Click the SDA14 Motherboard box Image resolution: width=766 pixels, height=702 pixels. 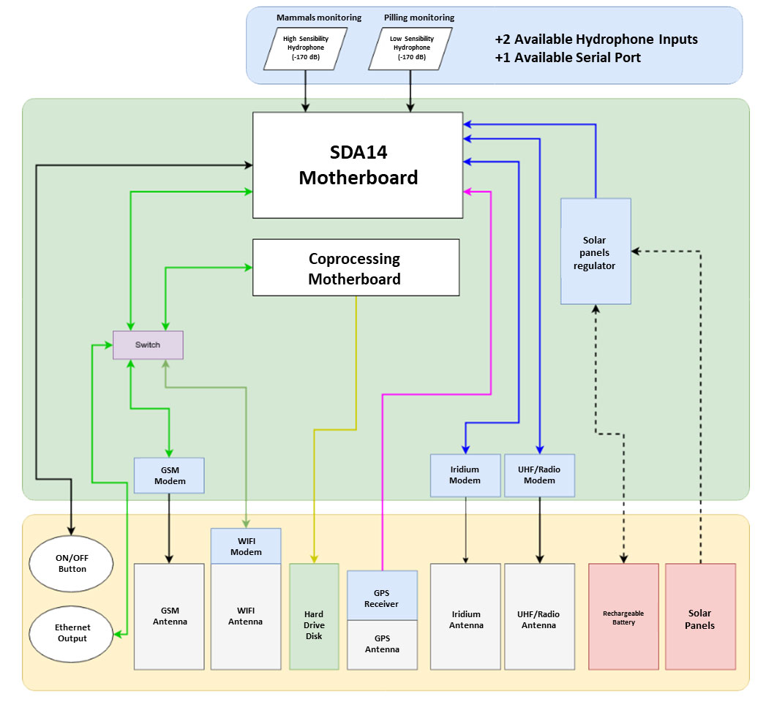[x=358, y=165]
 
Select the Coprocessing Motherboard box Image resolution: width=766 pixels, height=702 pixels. [x=356, y=268]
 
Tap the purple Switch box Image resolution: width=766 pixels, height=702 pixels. [x=148, y=345]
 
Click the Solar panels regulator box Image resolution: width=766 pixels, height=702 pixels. [x=596, y=252]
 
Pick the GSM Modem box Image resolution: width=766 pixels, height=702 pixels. [x=169, y=475]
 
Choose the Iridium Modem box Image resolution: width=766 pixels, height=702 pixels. [x=465, y=475]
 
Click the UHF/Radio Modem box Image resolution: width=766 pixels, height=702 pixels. [x=540, y=475]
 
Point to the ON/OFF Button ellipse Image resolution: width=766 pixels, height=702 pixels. [x=72, y=563]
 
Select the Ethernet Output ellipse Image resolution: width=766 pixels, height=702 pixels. [x=72, y=633]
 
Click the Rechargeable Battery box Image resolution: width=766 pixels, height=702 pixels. [x=623, y=616]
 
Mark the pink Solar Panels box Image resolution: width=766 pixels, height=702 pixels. [x=700, y=616]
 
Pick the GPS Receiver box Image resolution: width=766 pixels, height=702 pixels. [x=382, y=595]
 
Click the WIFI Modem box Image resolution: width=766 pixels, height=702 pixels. [x=246, y=546]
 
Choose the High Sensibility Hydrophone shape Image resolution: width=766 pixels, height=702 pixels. [x=304, y=48]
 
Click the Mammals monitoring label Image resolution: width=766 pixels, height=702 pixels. [x=319, y=18]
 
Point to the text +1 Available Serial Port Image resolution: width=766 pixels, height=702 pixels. [x=568, y=58]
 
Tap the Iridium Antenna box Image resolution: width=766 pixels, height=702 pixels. [x=465, y=616]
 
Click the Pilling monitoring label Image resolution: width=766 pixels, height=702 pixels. [x=419, y=18]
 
